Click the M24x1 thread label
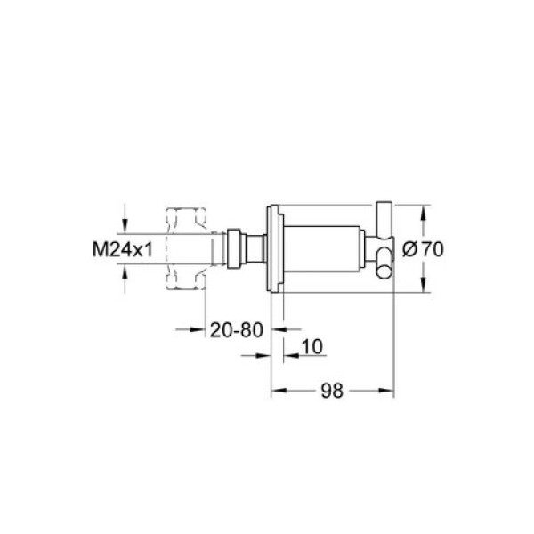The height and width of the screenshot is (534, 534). [x=123, y=249]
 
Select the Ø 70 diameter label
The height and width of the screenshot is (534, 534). [x=423, y=249]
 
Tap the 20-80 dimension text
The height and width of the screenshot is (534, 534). [x=237, y=329]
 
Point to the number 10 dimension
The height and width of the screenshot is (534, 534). [x=312, y=347]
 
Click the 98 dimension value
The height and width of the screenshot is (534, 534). [x=332, y=391]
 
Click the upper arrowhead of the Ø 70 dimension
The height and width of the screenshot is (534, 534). [x=423, y=214]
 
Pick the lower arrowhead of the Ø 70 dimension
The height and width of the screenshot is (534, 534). [x=423, y=285]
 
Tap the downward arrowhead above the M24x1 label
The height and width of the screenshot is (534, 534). [x=125, y=226]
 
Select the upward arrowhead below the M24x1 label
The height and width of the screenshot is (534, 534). [x=125, y=271]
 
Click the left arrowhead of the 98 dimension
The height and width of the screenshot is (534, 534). [x=279, y=391]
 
